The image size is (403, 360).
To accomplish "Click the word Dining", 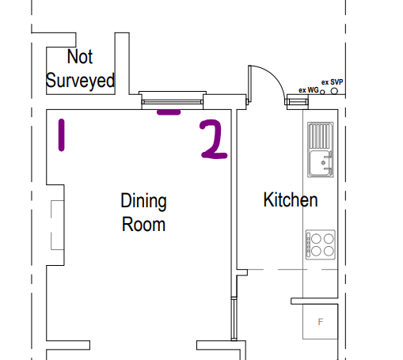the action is tap(143, 202).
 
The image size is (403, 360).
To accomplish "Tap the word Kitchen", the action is tap(291, 199).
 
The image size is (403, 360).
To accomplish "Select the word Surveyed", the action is tap(80, 81).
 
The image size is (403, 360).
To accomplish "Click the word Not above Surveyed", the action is tap(80, 56).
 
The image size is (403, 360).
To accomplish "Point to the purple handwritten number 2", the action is tap(214, 139).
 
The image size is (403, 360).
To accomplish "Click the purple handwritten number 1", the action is tap(61, 135).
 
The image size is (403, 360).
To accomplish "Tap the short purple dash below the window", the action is tap(169, 112).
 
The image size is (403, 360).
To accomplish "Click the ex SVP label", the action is tap(332, 82).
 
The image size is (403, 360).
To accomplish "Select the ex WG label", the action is tap(309, 90).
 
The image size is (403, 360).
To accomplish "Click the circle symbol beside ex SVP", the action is tap(334, 91).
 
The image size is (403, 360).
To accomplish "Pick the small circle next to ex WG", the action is tap(322, 92).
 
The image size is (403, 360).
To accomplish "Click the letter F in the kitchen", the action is tap(321, 322).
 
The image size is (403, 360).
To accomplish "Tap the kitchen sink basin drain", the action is tap(323, 163).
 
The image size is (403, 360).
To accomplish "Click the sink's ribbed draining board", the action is tap(320, 136).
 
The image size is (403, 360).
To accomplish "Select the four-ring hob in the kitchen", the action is tap(321, 244).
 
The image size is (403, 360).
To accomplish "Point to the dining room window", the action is tap(173, 100).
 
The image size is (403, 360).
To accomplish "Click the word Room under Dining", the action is tap(143, 225).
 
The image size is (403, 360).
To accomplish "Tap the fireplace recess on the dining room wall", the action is tap(55, 225).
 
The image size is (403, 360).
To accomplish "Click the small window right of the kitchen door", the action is tap(298, 102).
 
